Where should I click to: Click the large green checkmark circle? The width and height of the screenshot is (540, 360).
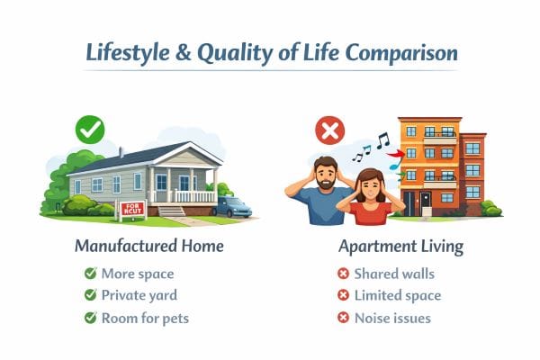click(x=91, y=131)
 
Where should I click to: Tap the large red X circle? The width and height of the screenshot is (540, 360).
click(x=329, y=131)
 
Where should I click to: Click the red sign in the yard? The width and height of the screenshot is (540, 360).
click(x=133, y=211)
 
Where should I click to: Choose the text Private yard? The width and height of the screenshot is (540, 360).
click(x=139, y=294)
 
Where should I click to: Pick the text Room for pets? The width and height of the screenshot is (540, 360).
click(x=146, y=317)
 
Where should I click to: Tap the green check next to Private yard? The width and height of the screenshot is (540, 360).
click(x=89, y=294)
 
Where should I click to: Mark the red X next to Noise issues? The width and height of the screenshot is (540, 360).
click(x=343, y=317)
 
